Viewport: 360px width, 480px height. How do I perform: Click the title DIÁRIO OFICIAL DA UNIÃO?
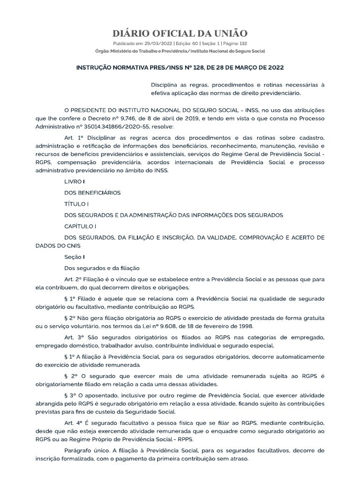click(180, 33)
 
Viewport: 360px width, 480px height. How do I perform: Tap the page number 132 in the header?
click(243, 43)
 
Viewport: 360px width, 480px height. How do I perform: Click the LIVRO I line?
click(75, 181)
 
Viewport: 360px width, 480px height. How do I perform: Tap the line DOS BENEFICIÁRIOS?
click(92, 192)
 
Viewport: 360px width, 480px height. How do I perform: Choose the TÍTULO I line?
click(76, 204)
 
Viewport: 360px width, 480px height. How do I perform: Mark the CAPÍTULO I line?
click(80, 226)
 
